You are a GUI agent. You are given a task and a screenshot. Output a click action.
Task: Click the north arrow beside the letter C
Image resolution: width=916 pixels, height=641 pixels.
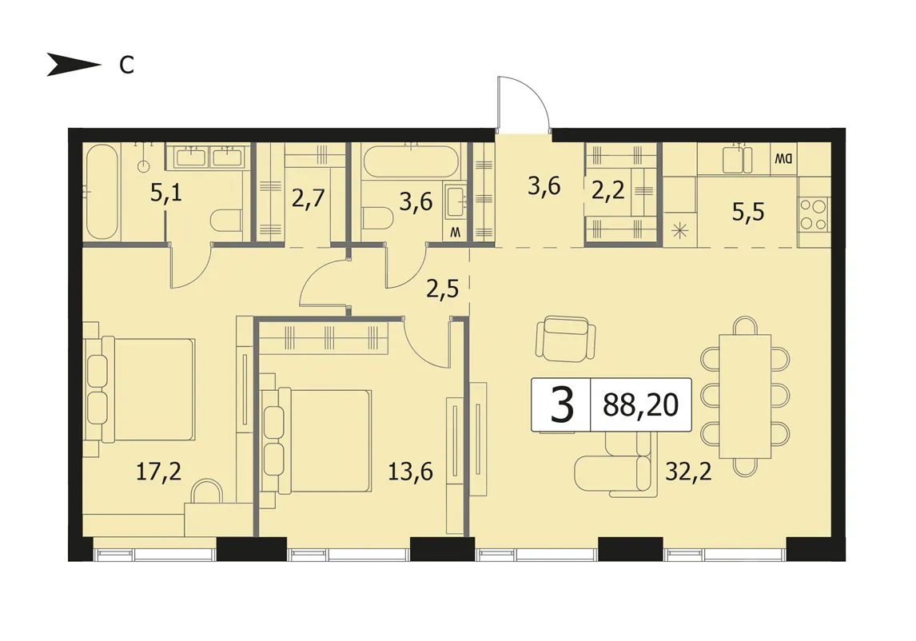[73, 64]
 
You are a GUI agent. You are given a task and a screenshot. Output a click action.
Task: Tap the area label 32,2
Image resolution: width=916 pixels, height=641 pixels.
[689, 471]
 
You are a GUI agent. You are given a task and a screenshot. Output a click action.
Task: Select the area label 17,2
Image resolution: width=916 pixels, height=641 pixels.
[158, 471]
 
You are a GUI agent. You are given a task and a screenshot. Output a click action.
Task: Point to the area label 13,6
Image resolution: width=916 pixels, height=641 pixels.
[411, 471]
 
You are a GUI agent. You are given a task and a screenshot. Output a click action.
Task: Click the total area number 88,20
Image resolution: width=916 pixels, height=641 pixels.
[641, 405]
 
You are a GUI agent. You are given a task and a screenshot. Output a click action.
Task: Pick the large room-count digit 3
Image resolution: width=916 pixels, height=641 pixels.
[562, 405]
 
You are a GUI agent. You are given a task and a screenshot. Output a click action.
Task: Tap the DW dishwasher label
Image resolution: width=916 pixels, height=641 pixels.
[783, 158]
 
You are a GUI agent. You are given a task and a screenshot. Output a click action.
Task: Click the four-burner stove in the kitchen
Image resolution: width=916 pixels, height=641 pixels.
[814, 215]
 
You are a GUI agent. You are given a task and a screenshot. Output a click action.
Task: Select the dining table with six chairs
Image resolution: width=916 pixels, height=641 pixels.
[745, 396]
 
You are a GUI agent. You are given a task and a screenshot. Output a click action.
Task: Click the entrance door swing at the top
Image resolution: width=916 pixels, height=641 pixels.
[523, 102]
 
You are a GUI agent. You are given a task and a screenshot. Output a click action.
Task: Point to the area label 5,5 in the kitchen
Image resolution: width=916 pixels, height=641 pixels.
[748, 212]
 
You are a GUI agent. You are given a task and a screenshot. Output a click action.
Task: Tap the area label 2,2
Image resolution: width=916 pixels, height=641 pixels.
[608, 190]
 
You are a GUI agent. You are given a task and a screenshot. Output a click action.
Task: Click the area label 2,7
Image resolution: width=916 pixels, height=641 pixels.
[308, 199]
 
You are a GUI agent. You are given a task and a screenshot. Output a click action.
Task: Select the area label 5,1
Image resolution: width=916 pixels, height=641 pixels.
[166, 192]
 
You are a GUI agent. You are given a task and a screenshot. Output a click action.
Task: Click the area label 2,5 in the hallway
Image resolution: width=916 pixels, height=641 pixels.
[442, 289]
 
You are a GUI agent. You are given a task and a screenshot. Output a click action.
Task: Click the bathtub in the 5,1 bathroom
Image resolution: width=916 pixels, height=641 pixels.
[102, 191]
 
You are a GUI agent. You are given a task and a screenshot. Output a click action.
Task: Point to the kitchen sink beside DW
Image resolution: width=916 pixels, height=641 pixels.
[738, 160]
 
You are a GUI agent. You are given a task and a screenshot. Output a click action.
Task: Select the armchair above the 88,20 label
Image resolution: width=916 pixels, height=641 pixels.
[566, 338]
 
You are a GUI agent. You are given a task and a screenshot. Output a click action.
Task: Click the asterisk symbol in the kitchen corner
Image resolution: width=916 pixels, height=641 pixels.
[679, 230]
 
